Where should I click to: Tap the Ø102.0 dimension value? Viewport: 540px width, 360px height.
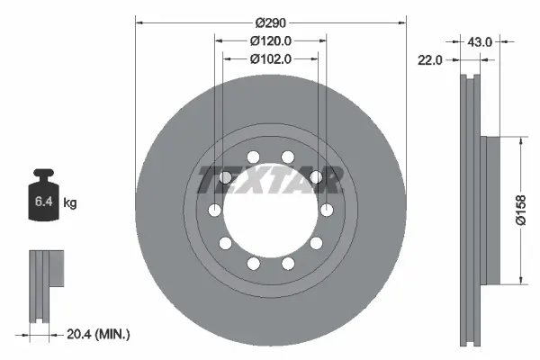tap(270, 60)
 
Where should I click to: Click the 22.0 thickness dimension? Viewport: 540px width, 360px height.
tap(431, 60)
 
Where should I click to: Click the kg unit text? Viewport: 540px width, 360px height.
tap(70, 203)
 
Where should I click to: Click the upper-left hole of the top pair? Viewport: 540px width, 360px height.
tap(252, 157)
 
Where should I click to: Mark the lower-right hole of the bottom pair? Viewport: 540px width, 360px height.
tap(288, 264)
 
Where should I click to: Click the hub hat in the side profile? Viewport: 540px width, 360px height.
tap(490, 211)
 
